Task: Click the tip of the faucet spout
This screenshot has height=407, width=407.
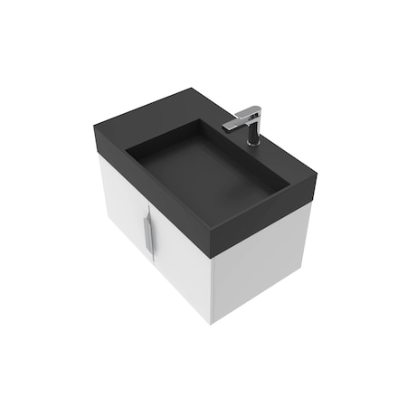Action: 227,126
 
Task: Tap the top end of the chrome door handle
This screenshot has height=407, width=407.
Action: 147,220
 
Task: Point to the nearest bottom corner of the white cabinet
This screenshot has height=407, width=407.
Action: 213,322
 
